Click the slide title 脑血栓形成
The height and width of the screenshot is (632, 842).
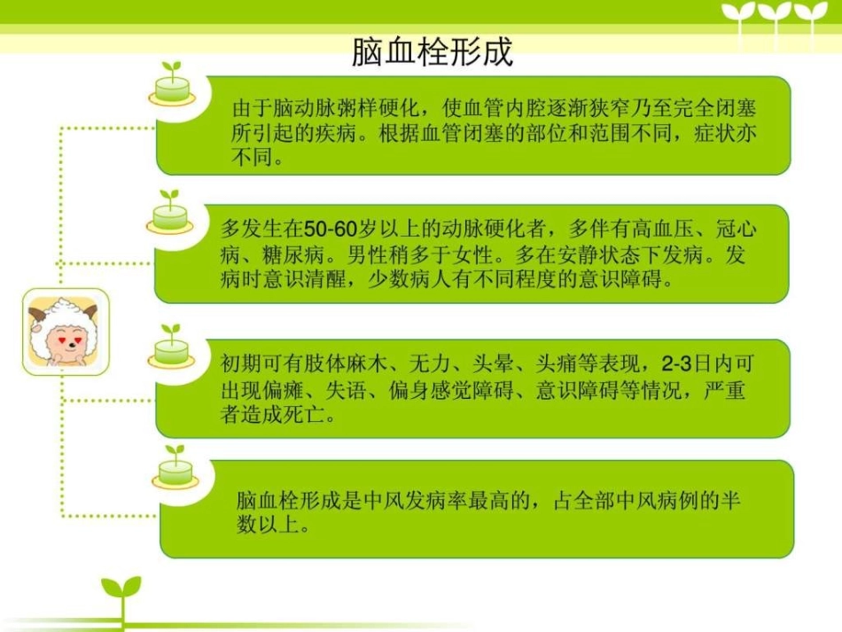tap(432, 51)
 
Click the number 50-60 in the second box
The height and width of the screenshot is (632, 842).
tap(330, 230)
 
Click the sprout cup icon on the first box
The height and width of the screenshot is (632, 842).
tap(171, 85)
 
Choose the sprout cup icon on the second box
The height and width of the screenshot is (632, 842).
tap(169, 213)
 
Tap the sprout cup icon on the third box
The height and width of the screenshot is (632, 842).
tap(171, 347)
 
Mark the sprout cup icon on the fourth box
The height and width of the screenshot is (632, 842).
tap(175, 468)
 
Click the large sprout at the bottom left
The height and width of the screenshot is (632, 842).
tap(121, 596)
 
